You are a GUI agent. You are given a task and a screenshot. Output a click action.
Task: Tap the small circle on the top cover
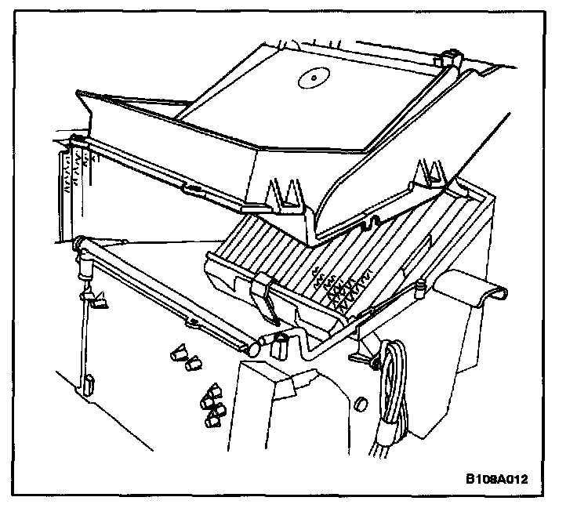[x=311, y=77]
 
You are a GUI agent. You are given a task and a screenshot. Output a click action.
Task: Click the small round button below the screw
[x=361, y=404]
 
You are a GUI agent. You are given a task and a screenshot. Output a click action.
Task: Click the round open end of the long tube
[x=257, y=343]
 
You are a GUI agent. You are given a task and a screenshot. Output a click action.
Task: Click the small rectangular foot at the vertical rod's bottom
[x=89, y=384]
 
